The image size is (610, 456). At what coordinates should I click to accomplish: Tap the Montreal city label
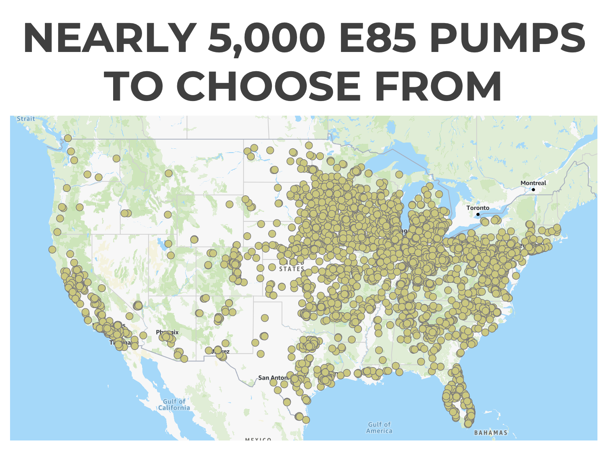pos(533,183)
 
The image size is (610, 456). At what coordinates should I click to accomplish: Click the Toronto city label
pos(478,208)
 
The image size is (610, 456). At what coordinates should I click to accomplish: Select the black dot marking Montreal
pos(533,189)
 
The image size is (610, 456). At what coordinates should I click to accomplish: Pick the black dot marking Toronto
pos(478,215)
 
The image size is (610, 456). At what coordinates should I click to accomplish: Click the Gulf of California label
pos(174,404)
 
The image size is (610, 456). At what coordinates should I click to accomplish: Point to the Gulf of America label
pos(379,427)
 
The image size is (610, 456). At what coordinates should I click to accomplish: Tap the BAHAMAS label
pos(491,433)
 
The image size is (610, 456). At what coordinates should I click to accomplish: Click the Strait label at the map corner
pos(26,119)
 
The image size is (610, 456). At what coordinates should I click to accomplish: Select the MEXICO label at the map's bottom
pos(258,439)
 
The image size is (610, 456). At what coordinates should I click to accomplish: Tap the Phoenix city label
pos(167,332)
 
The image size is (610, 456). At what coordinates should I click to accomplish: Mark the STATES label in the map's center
pos(292,269)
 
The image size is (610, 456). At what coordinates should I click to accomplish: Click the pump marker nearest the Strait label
pos(68,138)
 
